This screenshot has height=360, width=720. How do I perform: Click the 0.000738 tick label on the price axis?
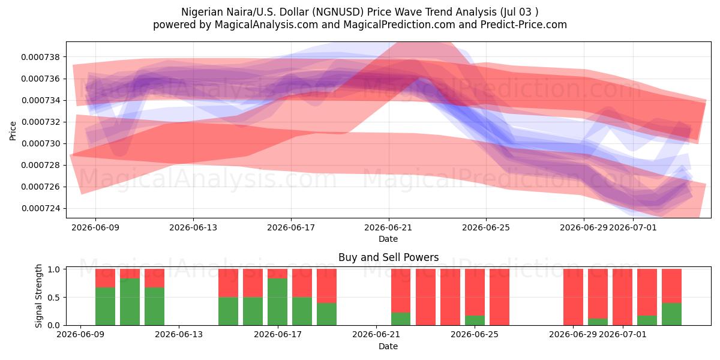(x=41, y=57)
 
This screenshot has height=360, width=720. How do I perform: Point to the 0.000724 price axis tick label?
(x=41, y=209)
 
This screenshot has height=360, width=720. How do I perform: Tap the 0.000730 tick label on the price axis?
(x=41, y=143)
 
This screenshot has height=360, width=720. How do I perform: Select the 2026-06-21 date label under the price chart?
(x=388, y=227)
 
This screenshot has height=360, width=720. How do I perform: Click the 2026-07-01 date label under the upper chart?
(x=632, y=227)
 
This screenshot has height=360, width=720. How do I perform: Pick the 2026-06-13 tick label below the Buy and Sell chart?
(x=179, y=334)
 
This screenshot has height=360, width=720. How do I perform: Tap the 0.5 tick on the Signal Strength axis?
(x=53, y=298)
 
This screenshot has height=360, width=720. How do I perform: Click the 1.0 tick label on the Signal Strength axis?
(x=53, y=269)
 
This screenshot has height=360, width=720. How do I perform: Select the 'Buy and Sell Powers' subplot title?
(x=388, y=257)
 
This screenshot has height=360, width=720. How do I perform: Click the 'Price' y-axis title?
(x=13, y=131)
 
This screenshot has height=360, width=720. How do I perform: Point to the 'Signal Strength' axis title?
(x=38, y=296)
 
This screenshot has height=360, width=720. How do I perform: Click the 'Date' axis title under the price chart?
(x=388, y=239)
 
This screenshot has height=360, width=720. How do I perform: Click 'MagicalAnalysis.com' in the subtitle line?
(x=266, y=25)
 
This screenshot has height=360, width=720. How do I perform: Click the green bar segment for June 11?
(x=130, y=302)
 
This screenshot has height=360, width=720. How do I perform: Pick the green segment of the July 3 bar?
(x=671, y=314)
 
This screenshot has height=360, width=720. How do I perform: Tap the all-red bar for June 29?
(x=573, y=297)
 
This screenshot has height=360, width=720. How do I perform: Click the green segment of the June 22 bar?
(x=401, y=319)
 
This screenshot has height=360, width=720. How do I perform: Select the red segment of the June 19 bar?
(x=326, y=286)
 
